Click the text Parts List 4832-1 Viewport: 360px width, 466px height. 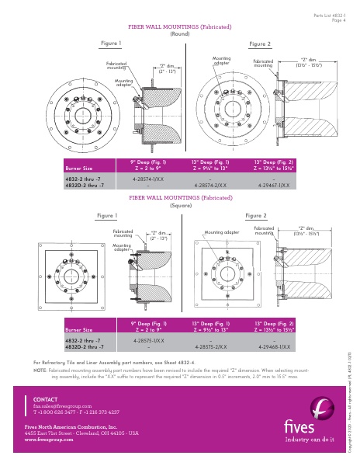[x=331, y=16]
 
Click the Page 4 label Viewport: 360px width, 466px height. [x=338, y=20]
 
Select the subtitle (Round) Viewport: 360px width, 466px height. [x=180, y=33]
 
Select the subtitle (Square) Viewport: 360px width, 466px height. [x=180, y=204]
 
